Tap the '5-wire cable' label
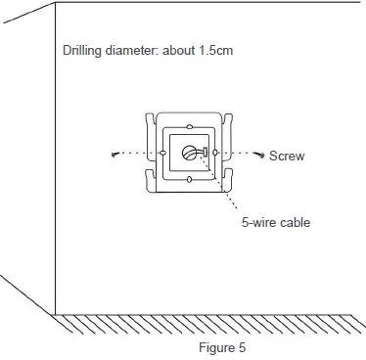(x=276, y=222)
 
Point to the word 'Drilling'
(x=83, y=50)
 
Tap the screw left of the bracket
(x=115, y=155)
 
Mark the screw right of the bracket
(x=260, y=154)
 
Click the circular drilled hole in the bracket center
(x=190, y=154)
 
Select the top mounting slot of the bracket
(x=189, y=127)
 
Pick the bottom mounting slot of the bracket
(x=189, y=181)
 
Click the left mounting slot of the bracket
(x=161, y=155)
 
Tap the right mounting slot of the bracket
(x=216, y=155)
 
